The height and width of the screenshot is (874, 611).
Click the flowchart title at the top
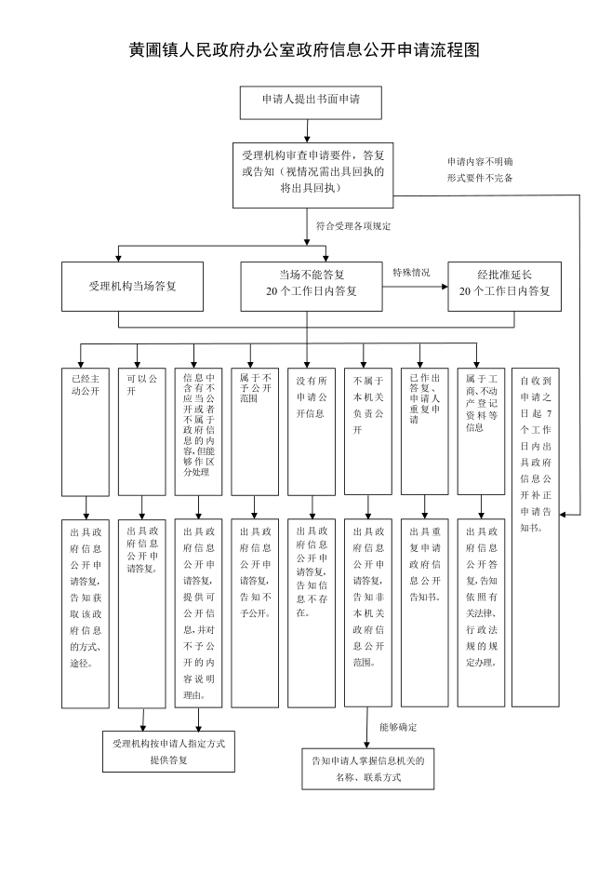[304, 50]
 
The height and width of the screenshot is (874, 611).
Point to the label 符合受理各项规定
[352, 226]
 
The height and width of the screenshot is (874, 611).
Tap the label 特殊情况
[411, 273]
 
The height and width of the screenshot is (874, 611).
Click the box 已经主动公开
[86, 431]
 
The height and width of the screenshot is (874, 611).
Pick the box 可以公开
[142, 431]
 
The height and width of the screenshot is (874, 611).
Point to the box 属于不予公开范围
[255, 431]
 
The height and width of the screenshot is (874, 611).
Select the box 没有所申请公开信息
[312, 431]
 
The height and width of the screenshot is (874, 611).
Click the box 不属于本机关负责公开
[368, 431]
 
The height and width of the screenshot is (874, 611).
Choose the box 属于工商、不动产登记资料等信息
[481, 431]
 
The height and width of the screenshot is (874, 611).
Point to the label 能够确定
[398, 726]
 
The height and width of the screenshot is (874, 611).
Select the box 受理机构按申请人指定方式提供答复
[168, 751]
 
